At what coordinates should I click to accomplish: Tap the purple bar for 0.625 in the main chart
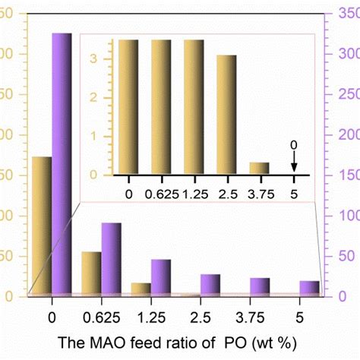click(111, 258)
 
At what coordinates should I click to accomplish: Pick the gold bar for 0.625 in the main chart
click(91, 273)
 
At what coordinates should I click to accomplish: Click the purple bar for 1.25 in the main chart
click(160, 276)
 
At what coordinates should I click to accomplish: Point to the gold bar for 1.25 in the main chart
click(141, 289)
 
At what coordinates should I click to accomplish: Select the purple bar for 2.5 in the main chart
click(210, 284)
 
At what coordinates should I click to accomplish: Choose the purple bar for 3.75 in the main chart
click(260, 286)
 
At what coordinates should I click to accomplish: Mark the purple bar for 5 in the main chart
click(309, 287)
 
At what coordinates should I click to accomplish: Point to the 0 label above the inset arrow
click(294, 145)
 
